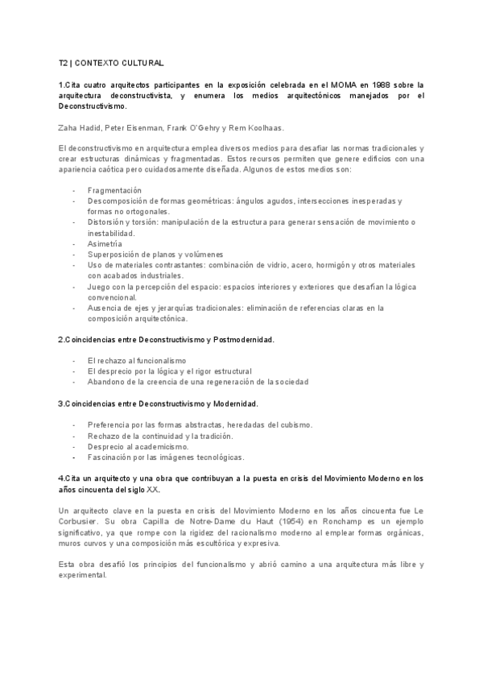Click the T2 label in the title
pyautogui.click(x=63, y=62)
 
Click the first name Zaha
pyautogui.click(x=68, y=127)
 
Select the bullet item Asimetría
pyautogui.click(x=105, y=243)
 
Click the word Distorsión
pyautogui.click(x=108, y=221)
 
